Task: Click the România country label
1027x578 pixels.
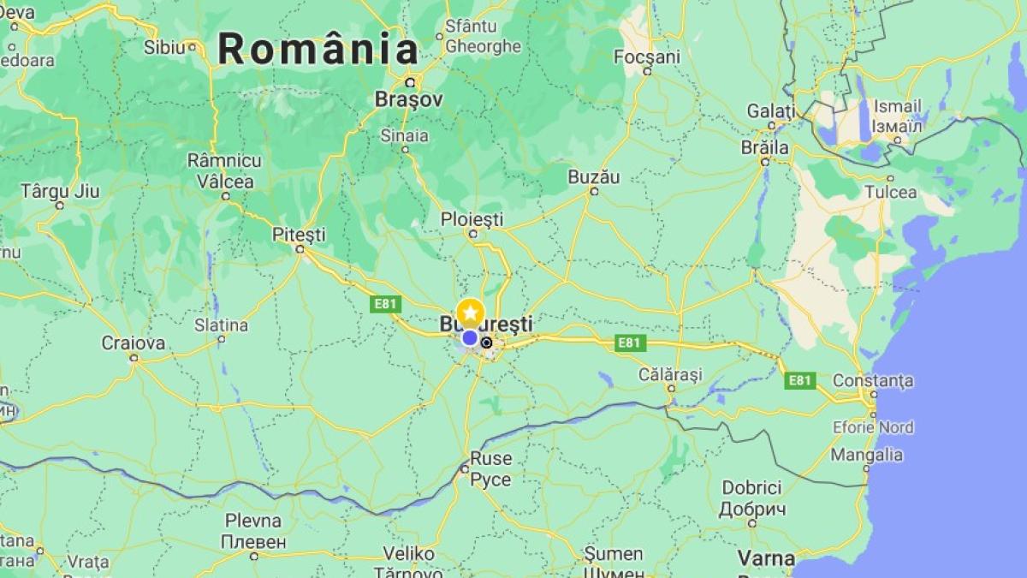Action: click(318, 49)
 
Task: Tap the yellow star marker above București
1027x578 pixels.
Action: click(470, 313)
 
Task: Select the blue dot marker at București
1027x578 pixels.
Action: click(470, 338)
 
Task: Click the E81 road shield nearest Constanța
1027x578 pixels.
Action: click(799, 380)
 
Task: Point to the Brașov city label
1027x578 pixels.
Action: click(409, 100)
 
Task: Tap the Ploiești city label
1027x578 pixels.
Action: click(472, 219)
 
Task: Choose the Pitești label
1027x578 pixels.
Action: click(299, 234)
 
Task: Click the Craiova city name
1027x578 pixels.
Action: click(133, 343)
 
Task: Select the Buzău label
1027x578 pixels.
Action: click(593, 177)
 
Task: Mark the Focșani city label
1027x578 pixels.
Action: click(647, 57)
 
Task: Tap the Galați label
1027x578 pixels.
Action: click(770, 110)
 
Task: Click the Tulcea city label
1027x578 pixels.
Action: click(890, 193)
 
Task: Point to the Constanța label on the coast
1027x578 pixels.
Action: click(872, 380)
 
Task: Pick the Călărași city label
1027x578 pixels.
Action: click(670, 374)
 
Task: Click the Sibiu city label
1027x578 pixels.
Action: click(164, 47)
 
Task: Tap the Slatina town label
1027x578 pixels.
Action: click(221, 325)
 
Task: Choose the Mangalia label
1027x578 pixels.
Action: click(866, 455)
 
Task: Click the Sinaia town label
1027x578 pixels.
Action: click(405, 135)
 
